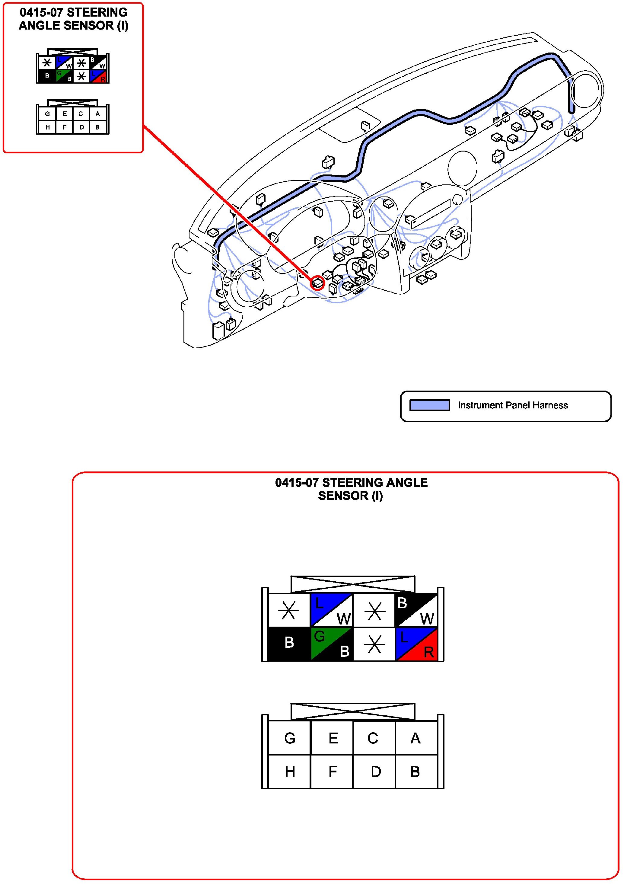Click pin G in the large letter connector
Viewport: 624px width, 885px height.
coord(289,738)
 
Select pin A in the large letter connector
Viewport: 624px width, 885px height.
coord(416,738)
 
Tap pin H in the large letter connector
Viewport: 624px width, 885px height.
coord(289,772)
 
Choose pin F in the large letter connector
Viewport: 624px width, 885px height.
coord(332,772)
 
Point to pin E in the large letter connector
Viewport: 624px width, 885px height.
coord(332,738)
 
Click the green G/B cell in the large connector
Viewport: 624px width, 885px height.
coord(332,644)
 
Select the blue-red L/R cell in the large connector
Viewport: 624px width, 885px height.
coord(416,644)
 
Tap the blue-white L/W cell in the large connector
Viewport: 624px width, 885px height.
coord(332,610)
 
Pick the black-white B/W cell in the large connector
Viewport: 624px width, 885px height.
coord(416,610)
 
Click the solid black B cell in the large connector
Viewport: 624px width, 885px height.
coord(289,644)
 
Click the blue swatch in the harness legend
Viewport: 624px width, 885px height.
coord(429,405)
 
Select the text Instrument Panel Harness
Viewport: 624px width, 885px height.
coord(513,405)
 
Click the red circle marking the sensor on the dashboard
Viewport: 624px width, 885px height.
coord(318,283)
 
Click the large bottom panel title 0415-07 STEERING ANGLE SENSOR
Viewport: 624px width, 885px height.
coord(351,489)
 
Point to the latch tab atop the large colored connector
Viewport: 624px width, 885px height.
coord(353,584)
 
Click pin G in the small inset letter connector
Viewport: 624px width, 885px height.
coord(47,114)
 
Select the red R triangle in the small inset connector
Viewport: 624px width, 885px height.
coord(102,79)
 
